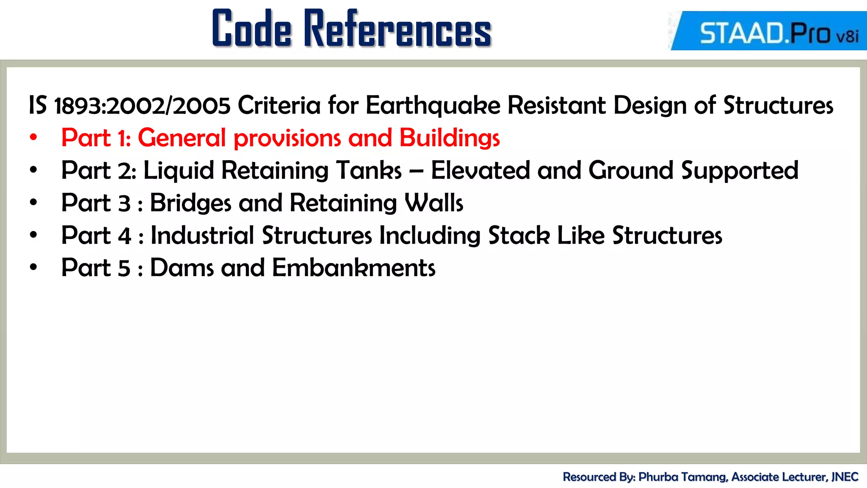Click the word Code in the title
click(252, 28)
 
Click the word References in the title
click(398, 28)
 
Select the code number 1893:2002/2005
click(142, 105)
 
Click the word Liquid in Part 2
click(179, 171)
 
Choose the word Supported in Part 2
click(740, 171)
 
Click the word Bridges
click(191, 203)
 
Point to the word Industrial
click(203, 235)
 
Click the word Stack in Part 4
click(519, 235)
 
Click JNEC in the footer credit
click(845, 477)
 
